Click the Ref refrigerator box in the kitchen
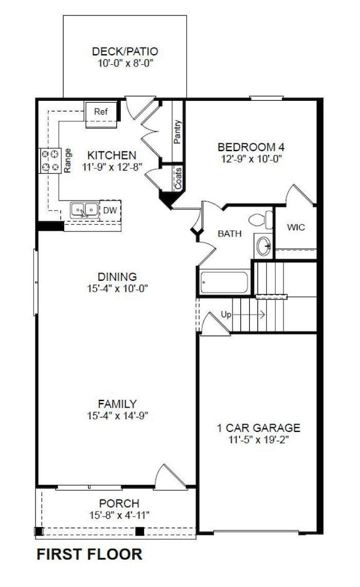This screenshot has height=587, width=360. click(x=101, y=112)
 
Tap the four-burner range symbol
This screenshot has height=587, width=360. click(x=49, y=161)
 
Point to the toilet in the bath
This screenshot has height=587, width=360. click(x=260, y=220)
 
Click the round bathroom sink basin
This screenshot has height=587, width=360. click(x=264, y=245)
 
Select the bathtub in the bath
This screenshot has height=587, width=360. click(x=224, y=282)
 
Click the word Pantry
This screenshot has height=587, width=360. click(x=177, y=132)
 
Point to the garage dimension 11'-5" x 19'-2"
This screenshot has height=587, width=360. click(x=258, y=439)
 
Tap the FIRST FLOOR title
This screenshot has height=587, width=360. click(x=89, y=554)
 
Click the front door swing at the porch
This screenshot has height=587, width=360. click(x=168, y=477)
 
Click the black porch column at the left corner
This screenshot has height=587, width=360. click(x=39, y=532)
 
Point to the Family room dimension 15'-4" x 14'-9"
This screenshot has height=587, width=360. click(x=117, y=415)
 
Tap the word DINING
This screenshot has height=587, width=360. click(x=117, y=276)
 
